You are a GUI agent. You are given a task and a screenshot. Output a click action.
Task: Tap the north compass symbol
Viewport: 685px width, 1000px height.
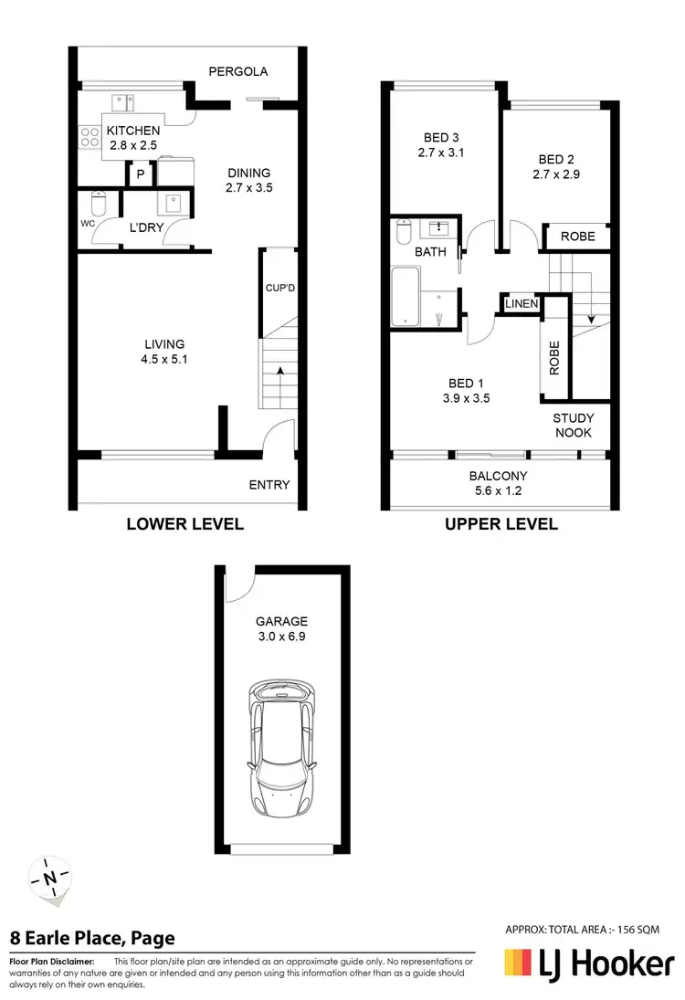click(51, 879)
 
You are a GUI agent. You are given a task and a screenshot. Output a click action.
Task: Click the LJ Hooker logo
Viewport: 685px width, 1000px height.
click(590, 964)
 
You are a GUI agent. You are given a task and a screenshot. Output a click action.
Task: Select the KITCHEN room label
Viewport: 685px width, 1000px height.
click(133, 132)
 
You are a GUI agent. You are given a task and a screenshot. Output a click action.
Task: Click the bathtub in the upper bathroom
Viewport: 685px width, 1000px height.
click(406, 296)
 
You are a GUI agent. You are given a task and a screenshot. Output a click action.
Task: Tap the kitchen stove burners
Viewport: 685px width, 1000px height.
click(90, 138)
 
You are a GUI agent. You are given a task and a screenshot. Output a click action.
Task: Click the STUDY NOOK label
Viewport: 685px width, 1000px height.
click(574, 426)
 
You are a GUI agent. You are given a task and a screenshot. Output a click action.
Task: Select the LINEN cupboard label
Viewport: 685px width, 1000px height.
click(522, 303)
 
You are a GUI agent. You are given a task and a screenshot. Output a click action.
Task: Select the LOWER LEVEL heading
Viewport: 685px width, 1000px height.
click(184, 524)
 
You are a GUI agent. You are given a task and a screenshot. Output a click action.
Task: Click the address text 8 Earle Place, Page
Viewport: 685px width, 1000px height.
click(92, 938)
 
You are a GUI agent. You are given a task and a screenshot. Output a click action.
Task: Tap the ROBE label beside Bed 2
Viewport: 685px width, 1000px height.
click(577, 237)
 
